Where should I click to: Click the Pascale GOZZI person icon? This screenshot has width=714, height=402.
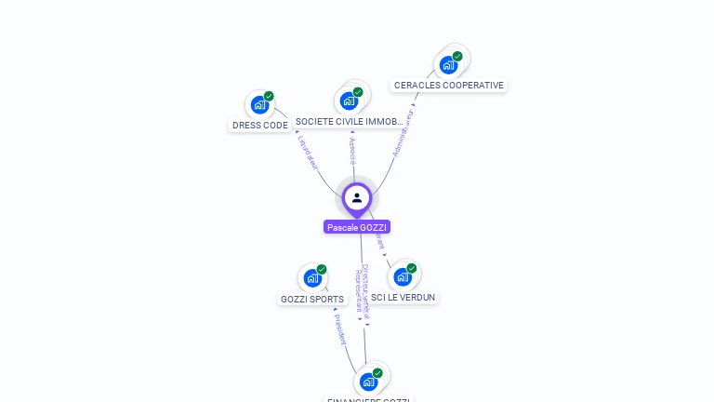pos(357,197)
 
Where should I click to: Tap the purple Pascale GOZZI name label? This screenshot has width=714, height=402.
pos(357,227)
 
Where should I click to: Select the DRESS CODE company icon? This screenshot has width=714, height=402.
pos(259,105)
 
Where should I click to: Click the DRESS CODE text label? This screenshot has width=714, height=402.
pos(259,126)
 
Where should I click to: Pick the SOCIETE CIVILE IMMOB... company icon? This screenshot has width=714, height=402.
pos(350,100)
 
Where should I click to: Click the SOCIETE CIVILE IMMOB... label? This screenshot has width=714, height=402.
pos(349,122)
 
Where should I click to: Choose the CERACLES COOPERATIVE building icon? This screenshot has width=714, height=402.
pos(449,65)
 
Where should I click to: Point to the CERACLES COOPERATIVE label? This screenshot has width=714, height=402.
pos(448,86)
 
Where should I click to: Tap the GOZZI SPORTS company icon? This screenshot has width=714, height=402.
pos(312,278)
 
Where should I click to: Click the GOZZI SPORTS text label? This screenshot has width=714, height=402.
pos(312,300)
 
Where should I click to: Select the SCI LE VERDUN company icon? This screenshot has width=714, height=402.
pos(403,276)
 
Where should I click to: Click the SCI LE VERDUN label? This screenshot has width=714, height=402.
pos(403,298)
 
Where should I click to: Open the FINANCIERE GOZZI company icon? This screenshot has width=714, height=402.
pos(369,382)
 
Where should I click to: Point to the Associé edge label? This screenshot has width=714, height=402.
pos(352,149)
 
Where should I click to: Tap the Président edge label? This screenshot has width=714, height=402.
pos(339,328)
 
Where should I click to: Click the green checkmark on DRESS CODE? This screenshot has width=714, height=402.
pos(269,96)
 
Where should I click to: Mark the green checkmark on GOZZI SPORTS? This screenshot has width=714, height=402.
pos(322,270)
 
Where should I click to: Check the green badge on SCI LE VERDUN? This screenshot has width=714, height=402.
pos(412,268)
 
